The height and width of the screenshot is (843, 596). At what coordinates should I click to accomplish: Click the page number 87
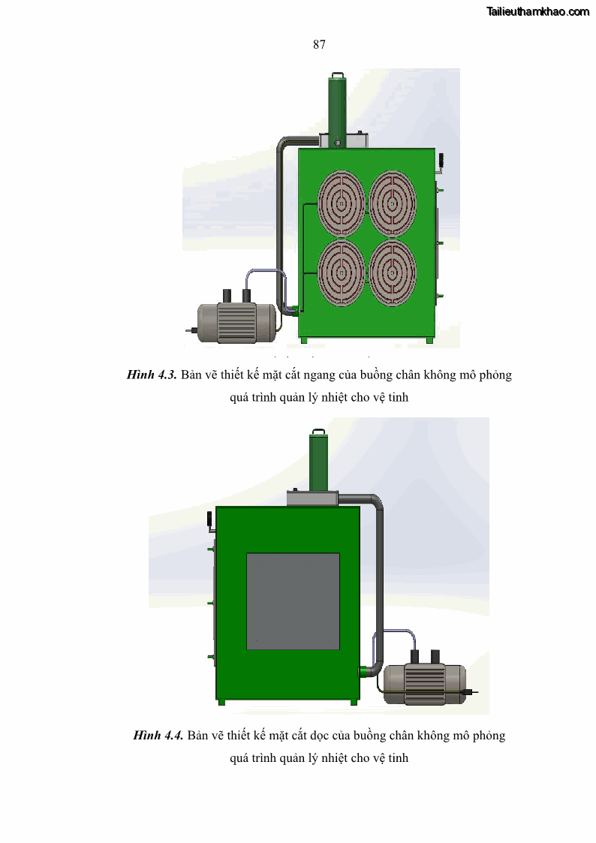[319, 44]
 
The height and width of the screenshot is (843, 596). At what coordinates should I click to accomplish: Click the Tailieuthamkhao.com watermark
[538, 11]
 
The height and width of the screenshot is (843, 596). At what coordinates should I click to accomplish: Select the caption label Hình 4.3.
[152, 375]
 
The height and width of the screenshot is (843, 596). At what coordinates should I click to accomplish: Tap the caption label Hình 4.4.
[158, 735]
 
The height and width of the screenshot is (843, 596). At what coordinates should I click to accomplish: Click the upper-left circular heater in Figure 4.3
[342, 203]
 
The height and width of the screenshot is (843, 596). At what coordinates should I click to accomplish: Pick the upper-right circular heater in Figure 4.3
[393, 203]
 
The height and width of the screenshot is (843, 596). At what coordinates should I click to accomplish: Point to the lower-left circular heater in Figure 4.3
[342, 272]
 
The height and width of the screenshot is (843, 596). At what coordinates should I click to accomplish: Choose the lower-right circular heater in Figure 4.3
[393, 272]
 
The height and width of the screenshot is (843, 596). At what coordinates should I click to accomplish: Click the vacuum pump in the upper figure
[233, 319]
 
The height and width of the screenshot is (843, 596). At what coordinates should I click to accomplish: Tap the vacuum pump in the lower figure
[427, 680]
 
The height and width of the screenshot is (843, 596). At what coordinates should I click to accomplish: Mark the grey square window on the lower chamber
[293, 601]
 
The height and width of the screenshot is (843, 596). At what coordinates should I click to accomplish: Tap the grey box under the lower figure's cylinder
[312, 498]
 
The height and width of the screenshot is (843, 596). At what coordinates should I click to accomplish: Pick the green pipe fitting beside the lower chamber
[364, 671]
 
